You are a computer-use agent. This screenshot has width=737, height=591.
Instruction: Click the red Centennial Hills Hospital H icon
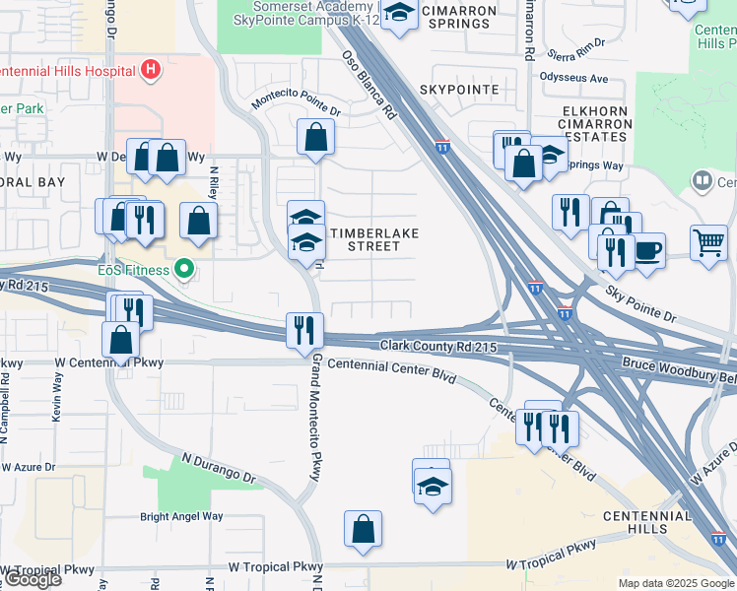tap(150, 70)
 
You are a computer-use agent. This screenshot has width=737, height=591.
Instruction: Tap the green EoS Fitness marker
tap(183, 268)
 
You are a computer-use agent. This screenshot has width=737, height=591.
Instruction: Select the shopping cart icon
tap(708, 240)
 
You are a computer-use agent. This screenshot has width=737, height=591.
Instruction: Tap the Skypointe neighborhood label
tap(459, 90)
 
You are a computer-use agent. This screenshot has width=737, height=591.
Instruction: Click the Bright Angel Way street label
tap(181, 516)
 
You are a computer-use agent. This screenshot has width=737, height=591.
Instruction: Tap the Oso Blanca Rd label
tap(369, 87)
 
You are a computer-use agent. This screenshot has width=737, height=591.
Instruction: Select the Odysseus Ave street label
tap(573, 78)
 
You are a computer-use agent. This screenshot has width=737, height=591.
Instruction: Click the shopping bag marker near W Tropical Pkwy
tap(363, 528)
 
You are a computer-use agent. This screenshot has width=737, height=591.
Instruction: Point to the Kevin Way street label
tap(56, 404)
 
